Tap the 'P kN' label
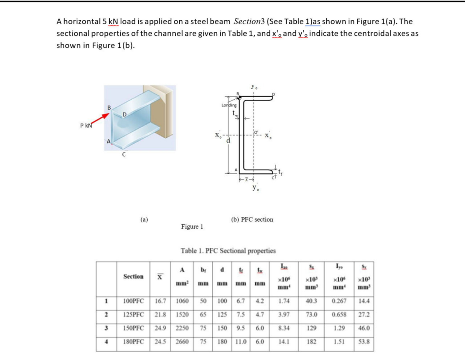(x=86, y=126)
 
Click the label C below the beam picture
(x=124, y=154)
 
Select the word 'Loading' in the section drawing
(x=229, y=105)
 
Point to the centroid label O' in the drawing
(x=256, y=132)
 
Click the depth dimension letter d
(x=228, y=141)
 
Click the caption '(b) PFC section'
(x=252, y=220)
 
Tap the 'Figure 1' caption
(x=192, y=227)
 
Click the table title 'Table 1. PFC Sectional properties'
(x=228, y=251)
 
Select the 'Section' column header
(x=133, y=277)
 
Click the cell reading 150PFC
(x=133, y=328)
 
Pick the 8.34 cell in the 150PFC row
(x=284, y=328)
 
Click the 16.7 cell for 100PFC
(x=160, y=301)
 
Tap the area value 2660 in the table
(x=182, y=342)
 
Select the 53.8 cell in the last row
(x=364, y=342)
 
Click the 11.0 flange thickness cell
(x=241, y=342)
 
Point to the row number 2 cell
(x=106, y=315)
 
